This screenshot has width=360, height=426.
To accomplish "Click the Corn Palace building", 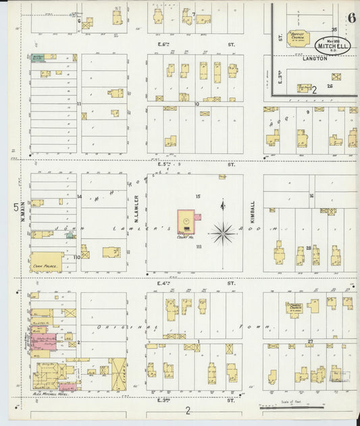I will coord(47,262).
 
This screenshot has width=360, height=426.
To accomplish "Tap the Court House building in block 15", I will coord(186,220).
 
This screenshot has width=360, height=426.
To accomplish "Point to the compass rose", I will coord(222,234).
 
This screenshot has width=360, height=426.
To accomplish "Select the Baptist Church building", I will coord(297,38).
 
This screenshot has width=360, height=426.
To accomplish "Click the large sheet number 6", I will coord(353,18).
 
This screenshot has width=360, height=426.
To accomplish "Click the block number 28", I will coord(308,248).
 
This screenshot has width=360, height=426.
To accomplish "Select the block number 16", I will coord(311,196).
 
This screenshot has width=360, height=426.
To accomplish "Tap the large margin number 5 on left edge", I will coord(15,207).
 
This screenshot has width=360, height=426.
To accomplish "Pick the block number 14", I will coord(79,196).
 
